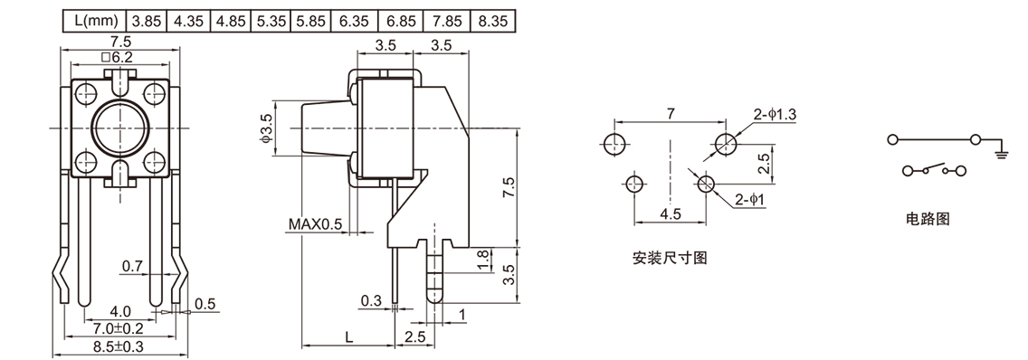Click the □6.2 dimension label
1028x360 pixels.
pos(119,57)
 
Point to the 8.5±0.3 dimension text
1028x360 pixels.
pos(119,346)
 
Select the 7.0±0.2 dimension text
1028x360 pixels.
pos(119,327)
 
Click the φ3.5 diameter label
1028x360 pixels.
pos(265,130)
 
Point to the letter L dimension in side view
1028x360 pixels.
pos(349,336)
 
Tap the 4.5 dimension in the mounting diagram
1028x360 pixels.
pos(669,215)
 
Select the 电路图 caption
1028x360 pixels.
pos(928,219)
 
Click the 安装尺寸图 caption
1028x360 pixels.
pos(669,258)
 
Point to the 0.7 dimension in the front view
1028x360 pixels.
pos(132,266)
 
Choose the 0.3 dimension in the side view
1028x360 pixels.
pos(371,300)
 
